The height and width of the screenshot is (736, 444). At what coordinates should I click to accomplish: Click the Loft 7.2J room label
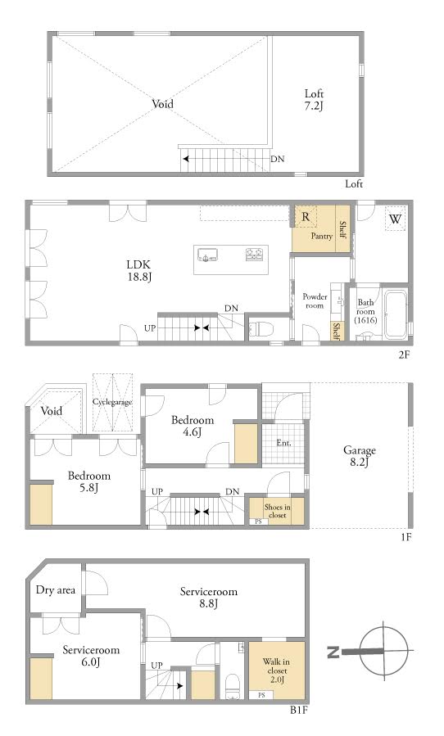tap(314, 100)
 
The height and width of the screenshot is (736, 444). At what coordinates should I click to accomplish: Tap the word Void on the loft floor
tap(162, 104)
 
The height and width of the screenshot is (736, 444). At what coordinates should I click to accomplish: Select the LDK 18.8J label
tap(139, 271)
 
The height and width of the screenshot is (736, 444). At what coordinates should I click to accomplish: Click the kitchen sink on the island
tap(207, 255)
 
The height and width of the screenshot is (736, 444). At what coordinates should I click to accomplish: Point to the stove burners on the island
tap(254, 255)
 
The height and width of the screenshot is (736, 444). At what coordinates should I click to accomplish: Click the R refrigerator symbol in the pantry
tap(306, 217)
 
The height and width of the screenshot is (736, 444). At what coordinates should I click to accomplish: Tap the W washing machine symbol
tap(395, 219)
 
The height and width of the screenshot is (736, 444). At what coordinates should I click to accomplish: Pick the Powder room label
tap(315, 301)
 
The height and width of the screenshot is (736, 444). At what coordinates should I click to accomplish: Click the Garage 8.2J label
tap(360, 456)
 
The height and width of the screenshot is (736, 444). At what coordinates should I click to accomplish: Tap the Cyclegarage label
tap(112, 402)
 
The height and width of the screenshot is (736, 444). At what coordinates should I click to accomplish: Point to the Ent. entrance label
tap(283, 443)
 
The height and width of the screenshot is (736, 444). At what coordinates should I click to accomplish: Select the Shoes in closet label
tap(277, 511)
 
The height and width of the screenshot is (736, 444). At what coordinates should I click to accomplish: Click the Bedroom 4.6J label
tap(193, 426)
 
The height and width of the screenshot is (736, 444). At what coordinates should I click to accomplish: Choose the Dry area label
tap(56, 590)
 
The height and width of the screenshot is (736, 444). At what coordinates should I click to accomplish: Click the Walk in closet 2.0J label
tap(276, 671)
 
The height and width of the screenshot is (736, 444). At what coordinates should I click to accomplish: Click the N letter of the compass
tap(333, 652)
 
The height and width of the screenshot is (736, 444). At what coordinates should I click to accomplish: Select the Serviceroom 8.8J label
tap(209, 597)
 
